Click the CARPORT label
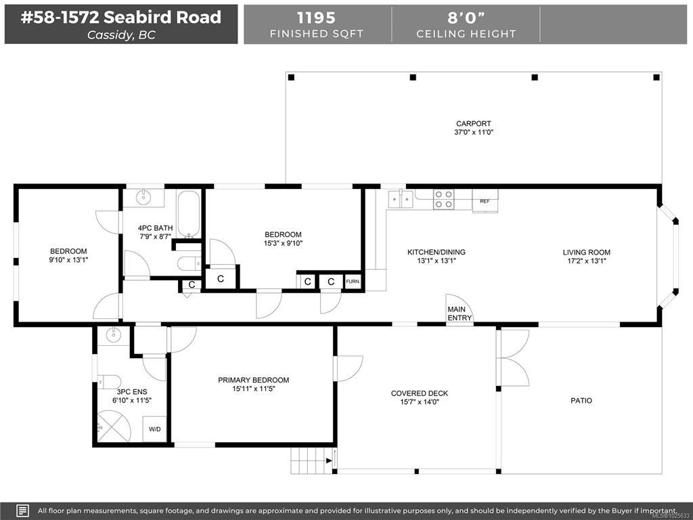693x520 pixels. coord(473,124)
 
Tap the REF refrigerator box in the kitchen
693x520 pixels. coord(485,200)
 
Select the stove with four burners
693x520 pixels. coord(443,199)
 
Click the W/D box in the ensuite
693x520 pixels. coord(155,429)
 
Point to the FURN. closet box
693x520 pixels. coord(353,281)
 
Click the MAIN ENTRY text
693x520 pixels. coord(460,313)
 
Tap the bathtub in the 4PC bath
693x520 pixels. coord(189,215)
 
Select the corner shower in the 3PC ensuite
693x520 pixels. coord(114,427)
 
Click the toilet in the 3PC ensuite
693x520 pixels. coord(109,382)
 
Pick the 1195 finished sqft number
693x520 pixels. coord(316,18)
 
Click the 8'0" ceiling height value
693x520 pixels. coord(466,18)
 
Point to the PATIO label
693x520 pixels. coord(581,401)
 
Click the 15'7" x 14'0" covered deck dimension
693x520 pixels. coord(420,402)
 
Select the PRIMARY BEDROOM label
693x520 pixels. coord(253,380)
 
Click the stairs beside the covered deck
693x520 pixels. coord(312,460)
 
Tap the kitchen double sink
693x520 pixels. coord(401,199)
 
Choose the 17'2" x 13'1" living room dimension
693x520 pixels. coord(587,261)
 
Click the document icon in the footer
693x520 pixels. coord(22,511)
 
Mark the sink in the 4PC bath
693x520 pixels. coord(143,197)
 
